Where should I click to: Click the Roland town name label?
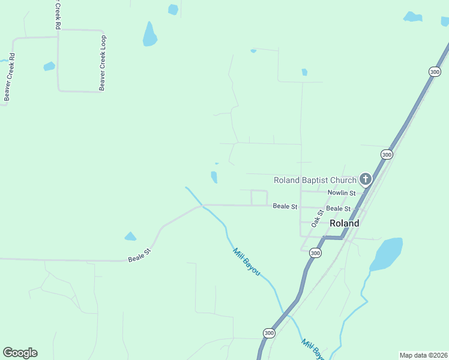[x=345, y=223]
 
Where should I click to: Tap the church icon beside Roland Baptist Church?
[x=365, y=179]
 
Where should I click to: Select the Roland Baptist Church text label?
[x=315, y=180]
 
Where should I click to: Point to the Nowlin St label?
[x=342, y=193]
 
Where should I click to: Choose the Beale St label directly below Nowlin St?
[x=339, y=208]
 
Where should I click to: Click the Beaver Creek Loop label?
[x=103, y=63]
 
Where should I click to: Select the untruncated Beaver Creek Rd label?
[x=8, y=77]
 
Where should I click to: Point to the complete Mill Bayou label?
[x=246, y=262]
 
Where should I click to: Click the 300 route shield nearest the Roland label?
[x=315, y=253]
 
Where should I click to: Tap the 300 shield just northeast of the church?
[x=387, y=154]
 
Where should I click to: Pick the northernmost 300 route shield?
[x=435, y=71]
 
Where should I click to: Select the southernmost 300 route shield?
[x=268, y=333]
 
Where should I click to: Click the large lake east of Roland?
[x=387, y=253]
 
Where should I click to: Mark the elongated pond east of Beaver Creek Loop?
[x=149, y=34]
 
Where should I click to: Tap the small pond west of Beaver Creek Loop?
[x=49, y=66]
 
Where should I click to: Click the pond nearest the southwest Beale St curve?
[x=130, y=236]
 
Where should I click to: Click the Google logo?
[x=20, y=353]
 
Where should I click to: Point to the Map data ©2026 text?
[x=424, y=355]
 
